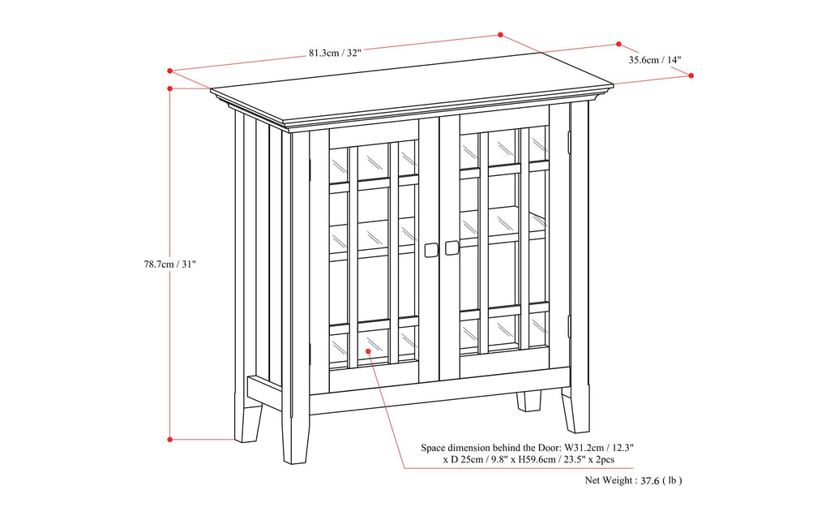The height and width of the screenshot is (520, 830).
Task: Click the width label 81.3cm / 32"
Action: click(334, 53)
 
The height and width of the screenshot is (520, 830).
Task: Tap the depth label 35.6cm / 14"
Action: click(655, 60)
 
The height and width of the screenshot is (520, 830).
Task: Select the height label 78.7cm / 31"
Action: click(165, 264)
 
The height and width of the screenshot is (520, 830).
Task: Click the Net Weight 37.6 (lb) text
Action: click(633, 480)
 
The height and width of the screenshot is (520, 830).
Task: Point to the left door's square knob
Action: click(431, 250)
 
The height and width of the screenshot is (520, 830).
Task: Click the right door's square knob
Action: click(451, 247)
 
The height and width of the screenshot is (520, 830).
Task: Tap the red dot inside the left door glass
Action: click(368, 351)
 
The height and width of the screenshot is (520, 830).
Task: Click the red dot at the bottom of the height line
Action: click(169, 439)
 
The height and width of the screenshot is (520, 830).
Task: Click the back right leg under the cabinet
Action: click(530, 401)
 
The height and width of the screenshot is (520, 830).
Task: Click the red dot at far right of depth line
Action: click(691, 75)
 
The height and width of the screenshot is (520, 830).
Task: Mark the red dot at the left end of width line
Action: click(170, 70)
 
